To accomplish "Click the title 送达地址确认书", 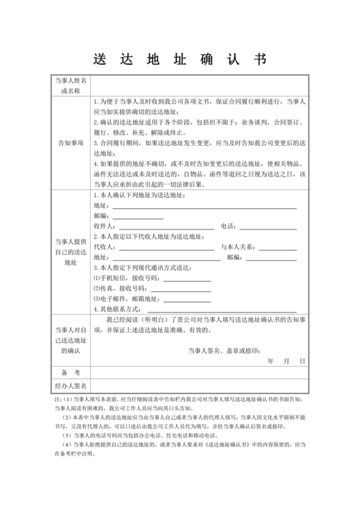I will pyautogui.click(x=180, y=58).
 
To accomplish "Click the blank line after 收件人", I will pyautogui.click(x=165, y=227).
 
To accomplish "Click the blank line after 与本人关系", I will pyautogui.click(x=278, y=247).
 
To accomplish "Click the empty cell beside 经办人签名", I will pyautogui.click(x=199, y=386).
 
